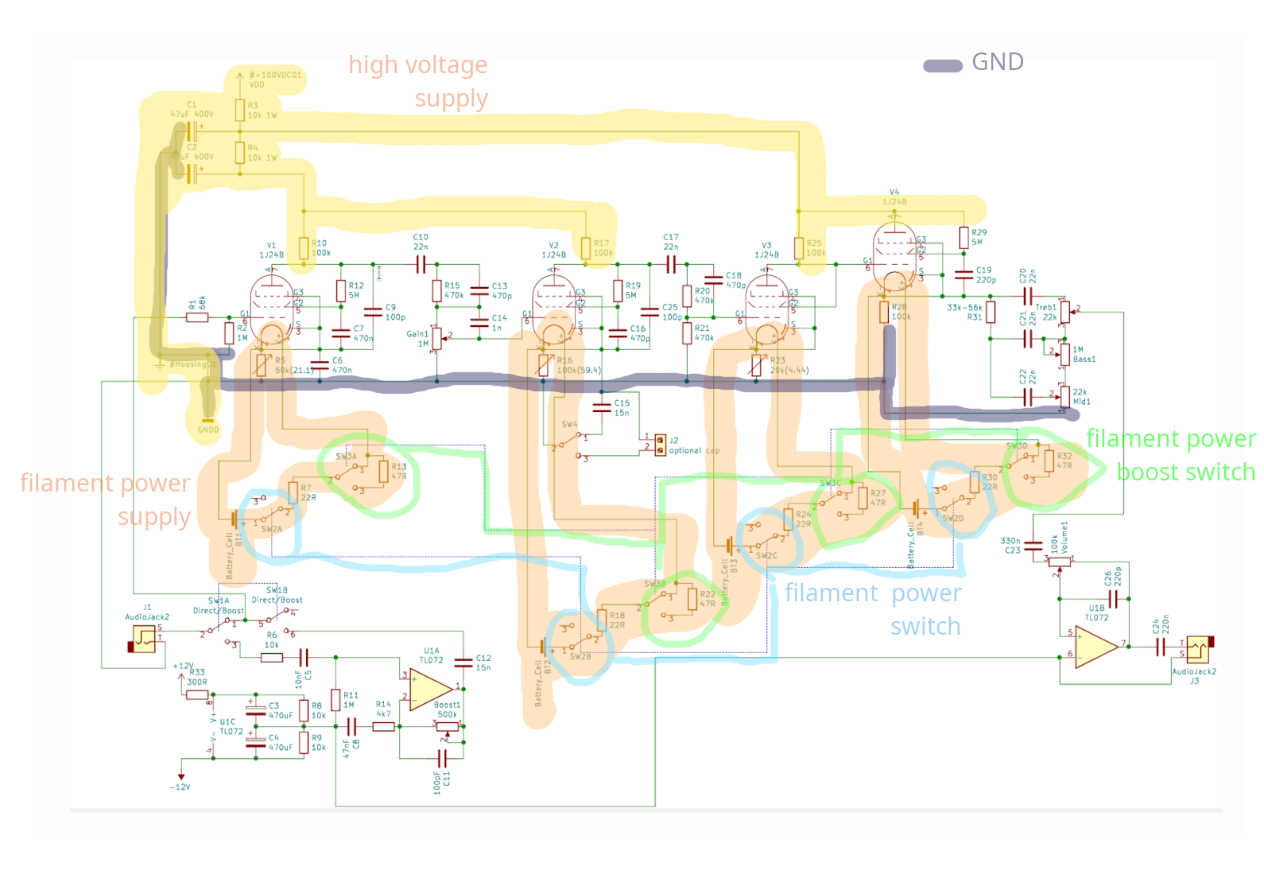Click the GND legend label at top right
pyautogui.click(x=997, y=62)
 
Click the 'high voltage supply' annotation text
pyautogui.click(x=419, y=81)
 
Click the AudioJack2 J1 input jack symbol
pyautogui.click(x=144, y=639)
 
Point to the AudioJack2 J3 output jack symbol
pyautogui.click(x=1198, y=651)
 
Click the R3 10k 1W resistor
pyautogui.click(x=240, y=110)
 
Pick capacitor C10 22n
pyautogui.click(x=421, y=264)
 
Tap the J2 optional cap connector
pyautogui.click(x=660, y=445)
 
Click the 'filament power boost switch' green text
pyautogui.click(x=1170, y=455)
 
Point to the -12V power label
pyautogui.click(x=180, y=787)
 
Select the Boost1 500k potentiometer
pyautogui.click(x=448, y=725)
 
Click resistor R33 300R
pyautogui.click(x=197, y=694)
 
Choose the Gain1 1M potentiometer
pyautogui.click(x=436, y=338)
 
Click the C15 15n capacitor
pyautogui.click(x=603, y=408)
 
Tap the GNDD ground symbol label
pyautogui.click(x=208, y=430)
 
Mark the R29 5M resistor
pyautogui.click(x=964, y=237)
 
